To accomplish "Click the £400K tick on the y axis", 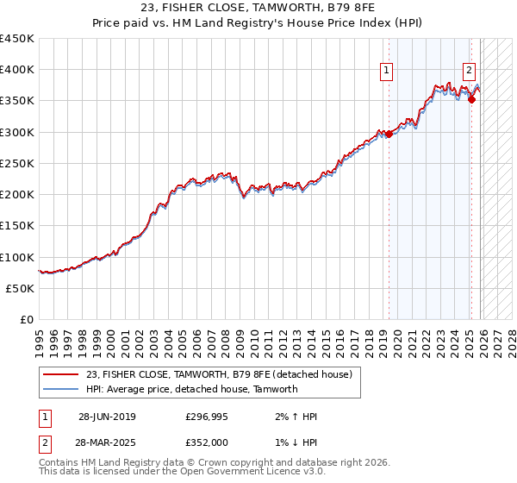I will pyautogui.click(x=17, y=70).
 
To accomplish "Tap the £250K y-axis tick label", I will pyautogui.click(x=17, y=163).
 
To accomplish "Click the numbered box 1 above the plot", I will pyautogui.click(x=387, y=72).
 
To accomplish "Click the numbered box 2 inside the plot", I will pyautogui.click(x=469, y=72).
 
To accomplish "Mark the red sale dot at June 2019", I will pyautogui.click(x=389, y=134).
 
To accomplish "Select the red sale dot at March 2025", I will pyautogui.click(x=472, y=100).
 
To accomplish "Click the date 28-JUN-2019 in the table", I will pyautogui.click(x=107, y=417).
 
